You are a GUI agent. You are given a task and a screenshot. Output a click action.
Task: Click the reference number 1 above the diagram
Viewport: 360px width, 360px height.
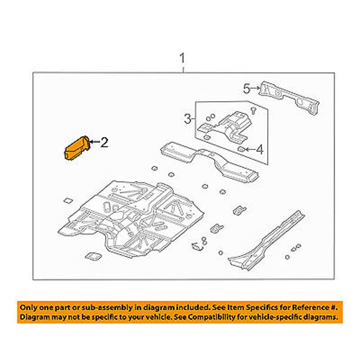[x=182, y=58]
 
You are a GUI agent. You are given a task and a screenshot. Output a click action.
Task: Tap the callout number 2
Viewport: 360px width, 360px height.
[x=104, y=142]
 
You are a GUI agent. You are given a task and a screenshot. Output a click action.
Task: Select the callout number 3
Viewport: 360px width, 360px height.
[x=188, y=119]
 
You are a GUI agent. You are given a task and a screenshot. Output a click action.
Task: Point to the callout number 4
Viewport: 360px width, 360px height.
[x=259, y=149]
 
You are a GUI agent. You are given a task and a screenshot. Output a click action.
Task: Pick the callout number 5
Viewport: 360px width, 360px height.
[x=246, y=89]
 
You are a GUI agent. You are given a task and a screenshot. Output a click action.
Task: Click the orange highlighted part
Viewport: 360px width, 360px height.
[x=76, y=148]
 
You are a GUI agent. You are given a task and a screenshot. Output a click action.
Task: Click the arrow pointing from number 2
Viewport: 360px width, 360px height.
[x=94, y=142]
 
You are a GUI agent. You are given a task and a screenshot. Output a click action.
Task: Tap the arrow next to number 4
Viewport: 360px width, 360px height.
[x=249, y=149]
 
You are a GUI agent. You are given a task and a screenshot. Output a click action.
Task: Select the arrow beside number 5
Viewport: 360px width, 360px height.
[x=255, y=88]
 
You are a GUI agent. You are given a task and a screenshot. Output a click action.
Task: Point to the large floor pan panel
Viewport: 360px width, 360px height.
[x=131, y=218]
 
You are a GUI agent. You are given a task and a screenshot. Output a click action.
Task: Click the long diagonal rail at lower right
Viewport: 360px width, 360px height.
[x=266, y=241]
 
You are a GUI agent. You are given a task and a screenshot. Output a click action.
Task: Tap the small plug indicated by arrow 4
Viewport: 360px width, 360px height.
[x=241, y=149]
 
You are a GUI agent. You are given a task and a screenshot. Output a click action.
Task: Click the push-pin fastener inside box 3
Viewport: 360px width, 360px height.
[x=253, y=110]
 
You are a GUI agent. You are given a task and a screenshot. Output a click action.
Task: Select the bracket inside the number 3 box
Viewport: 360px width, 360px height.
[x=224, y=128]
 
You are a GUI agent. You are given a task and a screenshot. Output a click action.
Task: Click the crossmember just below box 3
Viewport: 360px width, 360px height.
[x=209, y=162]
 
